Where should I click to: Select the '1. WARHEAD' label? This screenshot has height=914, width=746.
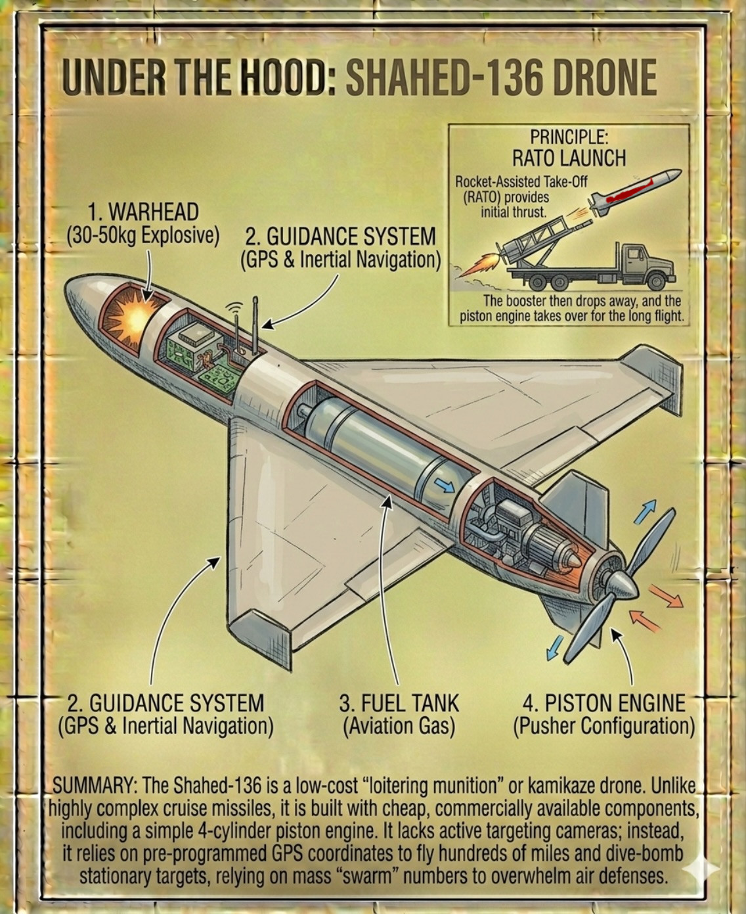click(x=143, y=212)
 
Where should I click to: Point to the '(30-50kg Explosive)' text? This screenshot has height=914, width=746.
click(x=143, y=235)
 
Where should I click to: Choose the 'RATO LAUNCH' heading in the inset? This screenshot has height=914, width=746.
click(x=569, y=158)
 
